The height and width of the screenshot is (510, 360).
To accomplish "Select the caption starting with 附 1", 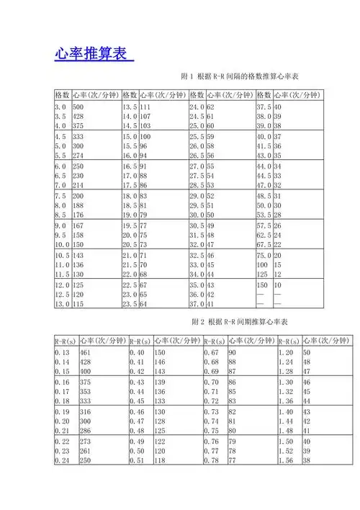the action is pos(239,76).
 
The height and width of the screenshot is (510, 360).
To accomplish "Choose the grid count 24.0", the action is pos(197,106).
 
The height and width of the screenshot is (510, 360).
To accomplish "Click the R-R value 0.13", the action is pos(63,352).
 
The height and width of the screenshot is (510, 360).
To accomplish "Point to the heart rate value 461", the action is pos(86,352).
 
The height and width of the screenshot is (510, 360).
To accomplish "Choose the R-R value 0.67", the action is pos(211,352).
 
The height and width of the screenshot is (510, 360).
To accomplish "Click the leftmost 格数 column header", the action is pos(62,94).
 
